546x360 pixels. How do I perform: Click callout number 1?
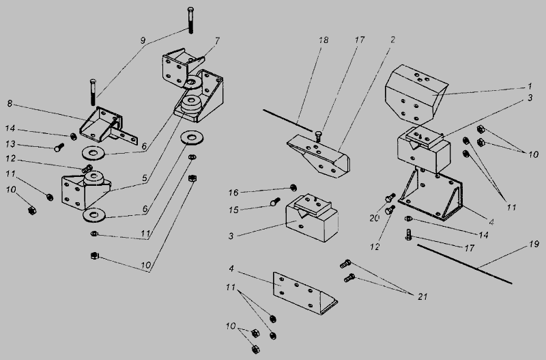530,86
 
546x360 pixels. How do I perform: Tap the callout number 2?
393,40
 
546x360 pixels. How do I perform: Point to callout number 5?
145,178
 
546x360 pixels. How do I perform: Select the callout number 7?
217,41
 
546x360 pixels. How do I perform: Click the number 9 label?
143,40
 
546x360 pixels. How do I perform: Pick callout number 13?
11,144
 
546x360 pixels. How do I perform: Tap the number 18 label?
324,40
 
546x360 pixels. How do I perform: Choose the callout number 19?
534,245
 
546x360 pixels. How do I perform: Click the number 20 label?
374,218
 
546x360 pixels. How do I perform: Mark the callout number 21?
422,296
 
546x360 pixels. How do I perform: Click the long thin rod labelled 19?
465,264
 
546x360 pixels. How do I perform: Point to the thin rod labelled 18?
287,121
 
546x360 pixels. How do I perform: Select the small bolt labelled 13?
59,148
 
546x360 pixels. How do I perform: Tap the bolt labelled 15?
275,202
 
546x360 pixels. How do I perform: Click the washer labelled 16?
293,188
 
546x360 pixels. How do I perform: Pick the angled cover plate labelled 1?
416,94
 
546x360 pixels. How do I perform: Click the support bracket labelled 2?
319,156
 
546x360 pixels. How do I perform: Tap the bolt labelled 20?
390,197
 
